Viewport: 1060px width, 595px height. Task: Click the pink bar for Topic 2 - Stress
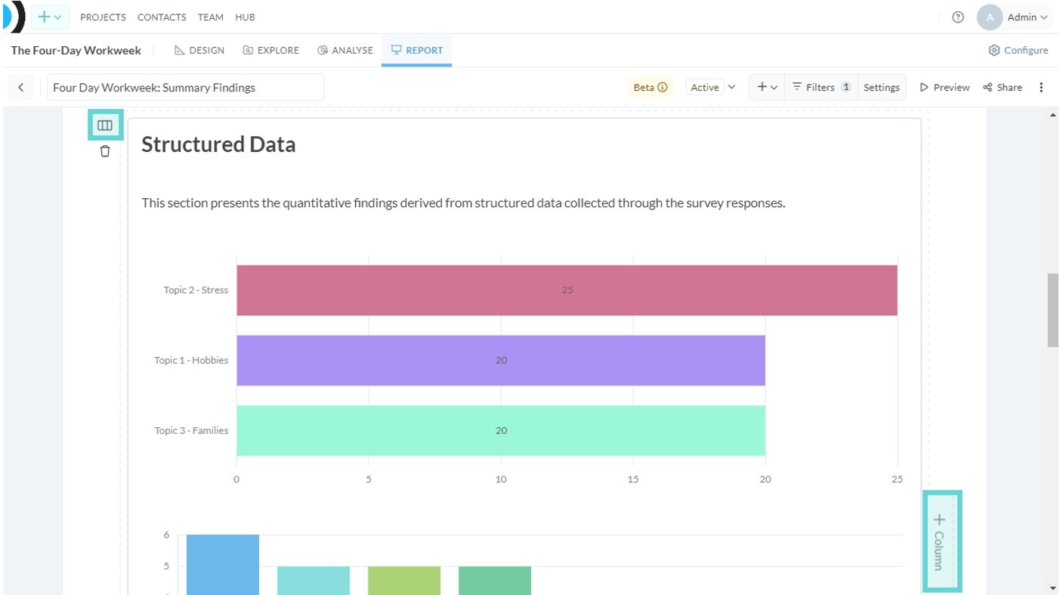click(x=567, y=290)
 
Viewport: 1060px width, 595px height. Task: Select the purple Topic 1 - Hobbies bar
click(x=501, y=360)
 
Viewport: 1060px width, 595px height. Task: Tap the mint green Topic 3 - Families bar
click(x=501, y=430)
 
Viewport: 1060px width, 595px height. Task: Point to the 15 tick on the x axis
click(x=632, y=479)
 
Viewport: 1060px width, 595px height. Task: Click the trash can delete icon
click(x=104, y=151)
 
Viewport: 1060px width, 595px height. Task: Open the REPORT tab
click(x=416, y=50)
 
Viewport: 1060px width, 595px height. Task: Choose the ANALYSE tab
click(x=345, y=50)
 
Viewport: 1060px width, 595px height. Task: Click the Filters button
click(x=820, y=87)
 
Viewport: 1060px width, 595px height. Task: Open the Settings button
click(x=881, y=87)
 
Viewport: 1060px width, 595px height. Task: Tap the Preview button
click(x=944, y=87)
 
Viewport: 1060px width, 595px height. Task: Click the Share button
click(x=1003, y=87)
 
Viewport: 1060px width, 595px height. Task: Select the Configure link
click(x=1018, y=50)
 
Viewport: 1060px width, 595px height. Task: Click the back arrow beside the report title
click(x=21, y=87)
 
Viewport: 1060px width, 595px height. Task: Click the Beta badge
click(x=651, y=87)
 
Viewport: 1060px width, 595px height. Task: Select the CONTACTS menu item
click(x=162, y=17)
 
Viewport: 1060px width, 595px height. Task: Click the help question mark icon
click(x=958, y=17)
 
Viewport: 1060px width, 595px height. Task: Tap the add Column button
click(x=941, y=541)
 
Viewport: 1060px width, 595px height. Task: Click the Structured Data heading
click(x=218, y=144)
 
